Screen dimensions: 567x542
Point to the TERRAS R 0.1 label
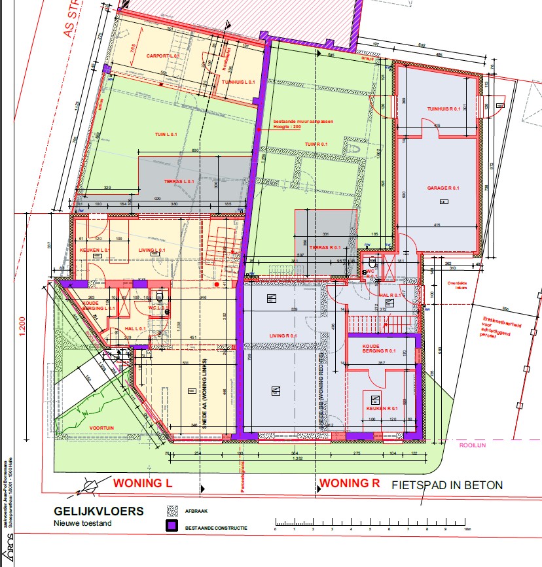325,248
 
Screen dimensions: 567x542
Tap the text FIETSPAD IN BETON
447,485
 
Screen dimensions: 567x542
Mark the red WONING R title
349,485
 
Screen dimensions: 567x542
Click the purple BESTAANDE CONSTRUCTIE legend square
173,525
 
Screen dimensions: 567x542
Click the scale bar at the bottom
370,523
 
